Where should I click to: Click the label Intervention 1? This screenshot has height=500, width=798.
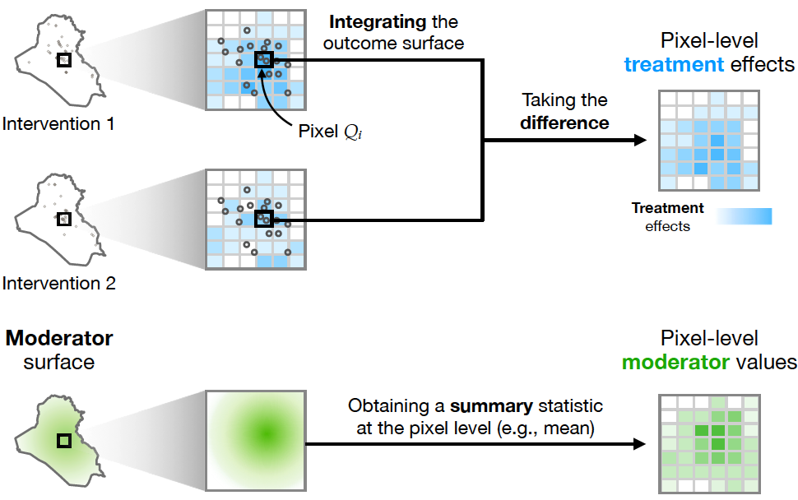point(58,125)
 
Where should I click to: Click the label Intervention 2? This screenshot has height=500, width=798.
point(58,285)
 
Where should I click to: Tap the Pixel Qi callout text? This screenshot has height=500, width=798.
point(329,131)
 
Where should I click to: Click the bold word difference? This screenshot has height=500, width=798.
point(564,123)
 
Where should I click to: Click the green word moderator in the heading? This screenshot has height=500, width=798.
point(674,362)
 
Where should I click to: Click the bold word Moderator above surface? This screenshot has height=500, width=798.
point(59,338)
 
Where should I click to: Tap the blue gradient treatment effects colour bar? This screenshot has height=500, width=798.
point(745,216)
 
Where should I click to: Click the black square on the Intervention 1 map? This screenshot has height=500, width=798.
point(63,61)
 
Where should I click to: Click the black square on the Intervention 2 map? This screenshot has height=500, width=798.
point(63,219)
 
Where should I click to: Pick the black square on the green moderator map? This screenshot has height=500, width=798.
point(63,442)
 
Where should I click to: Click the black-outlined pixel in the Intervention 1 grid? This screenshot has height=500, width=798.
point(263,59)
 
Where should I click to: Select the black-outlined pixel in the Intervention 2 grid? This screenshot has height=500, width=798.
point(263,219)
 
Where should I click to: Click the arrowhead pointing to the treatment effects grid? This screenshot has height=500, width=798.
point(639,141)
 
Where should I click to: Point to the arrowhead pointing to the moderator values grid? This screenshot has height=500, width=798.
point(639,444)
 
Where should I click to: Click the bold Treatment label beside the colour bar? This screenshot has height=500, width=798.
point(667,208)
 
